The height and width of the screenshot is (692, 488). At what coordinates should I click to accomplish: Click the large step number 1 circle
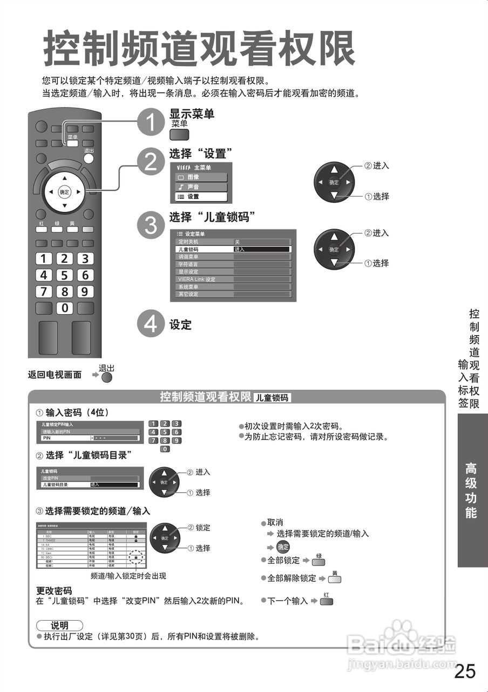pyautogui.click(x=149, y=123)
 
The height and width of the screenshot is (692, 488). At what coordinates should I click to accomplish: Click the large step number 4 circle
pyautogui.click(x=149, y=324)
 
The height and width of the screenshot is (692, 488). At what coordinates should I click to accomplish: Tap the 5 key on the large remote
pyautogui.click(x=65, y=275)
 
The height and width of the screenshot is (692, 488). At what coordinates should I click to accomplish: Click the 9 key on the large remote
pyautogui.click(x=85, y=292)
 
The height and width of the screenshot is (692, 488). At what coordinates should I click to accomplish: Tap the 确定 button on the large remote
pyautogui.click(x=64, y=192)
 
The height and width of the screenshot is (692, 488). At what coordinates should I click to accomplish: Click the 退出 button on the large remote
pyautogui.click(x=89, y=158)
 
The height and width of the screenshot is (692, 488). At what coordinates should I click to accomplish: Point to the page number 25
pyautogui.click(x=465, y=671)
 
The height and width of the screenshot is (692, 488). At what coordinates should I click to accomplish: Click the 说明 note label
pyautogui.click(x=59, y=626)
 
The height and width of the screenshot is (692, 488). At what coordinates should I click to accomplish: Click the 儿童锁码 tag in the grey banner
pyautogui.click(x=272, y=398)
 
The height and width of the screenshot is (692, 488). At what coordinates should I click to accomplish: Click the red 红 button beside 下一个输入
pyautogui.click(x=326, y=601)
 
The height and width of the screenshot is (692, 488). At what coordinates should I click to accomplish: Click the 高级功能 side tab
pyautogui.click(x=471, y=490)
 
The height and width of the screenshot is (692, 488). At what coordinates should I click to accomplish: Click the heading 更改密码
pyautogui.click(x=54, y=591)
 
